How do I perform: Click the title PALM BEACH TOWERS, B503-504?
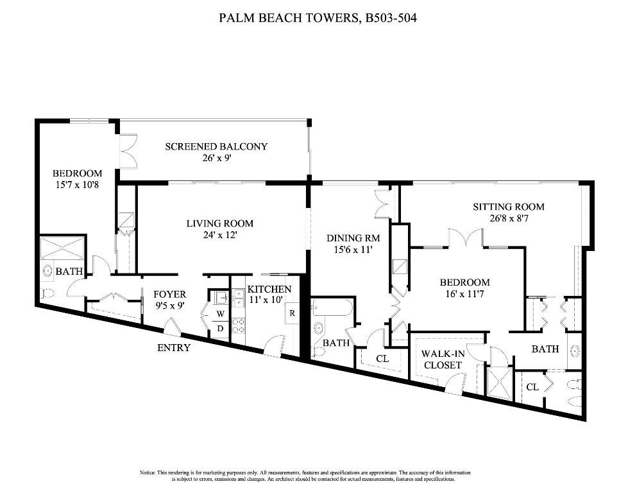pyautogui.click(x=318, y=19)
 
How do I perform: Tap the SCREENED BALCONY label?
pyautogui.click(x=216, y=146)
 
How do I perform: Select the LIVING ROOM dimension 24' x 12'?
pyautogui.click(x=220, y=234)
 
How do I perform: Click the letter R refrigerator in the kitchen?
pyautogui.click(x=292, y=313)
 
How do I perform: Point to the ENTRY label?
pyautogui.click(x=174, y=348)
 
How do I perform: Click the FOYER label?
pyautogui.click(x=170, y=295)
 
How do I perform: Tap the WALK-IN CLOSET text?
pyautogui.click(x=441, y=359)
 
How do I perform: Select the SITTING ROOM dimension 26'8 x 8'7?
pyautogui.click(x=509, y=218)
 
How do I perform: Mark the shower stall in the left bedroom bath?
pyautogui.click(x=62, y=248)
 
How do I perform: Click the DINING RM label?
pyautogui.click(x=350, y=238)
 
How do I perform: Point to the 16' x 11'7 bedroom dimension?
pyautogui.click(x=464, y=293)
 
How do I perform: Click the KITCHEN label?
pyautogui.click(x=269, y=290)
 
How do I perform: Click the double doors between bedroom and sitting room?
pyautogui.click(x=465, y=238)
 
